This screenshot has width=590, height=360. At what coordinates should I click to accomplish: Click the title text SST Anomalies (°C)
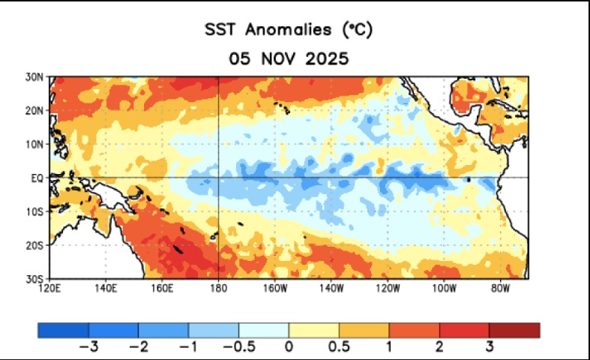(x=289, y=30)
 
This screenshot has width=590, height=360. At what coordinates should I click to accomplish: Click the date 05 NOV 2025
(x=289, y=58)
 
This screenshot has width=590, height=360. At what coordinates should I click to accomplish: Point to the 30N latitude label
(x=34, y=77)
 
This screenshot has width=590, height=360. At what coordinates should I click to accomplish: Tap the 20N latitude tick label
(x=34, y=111)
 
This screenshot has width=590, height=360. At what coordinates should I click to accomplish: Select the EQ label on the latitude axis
(x=37, y=178)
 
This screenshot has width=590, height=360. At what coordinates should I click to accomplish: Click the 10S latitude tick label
(x=34, y=211)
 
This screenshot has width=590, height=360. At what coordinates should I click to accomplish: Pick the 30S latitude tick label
(x=34, y=279)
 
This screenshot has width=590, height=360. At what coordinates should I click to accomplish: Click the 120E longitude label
(x=49, y=289)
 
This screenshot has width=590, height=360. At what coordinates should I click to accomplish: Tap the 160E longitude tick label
(x=162, y=289)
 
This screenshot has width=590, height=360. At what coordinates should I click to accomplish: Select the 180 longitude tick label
(x=219, y=289)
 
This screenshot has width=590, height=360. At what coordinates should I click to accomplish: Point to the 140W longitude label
(x=331, y=289)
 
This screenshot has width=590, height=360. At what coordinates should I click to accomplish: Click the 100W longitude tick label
(x=445, y=289)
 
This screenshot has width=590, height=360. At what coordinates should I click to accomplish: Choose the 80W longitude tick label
(x=501, y=289)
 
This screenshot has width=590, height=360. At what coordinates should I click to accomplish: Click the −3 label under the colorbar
(x=88, y=346)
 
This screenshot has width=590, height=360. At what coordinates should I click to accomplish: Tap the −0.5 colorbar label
(x=239, y=346)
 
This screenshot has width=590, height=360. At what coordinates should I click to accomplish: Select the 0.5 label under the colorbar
(x=339, y=346)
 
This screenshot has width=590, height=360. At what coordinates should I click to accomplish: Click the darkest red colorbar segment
(x=514, y=330)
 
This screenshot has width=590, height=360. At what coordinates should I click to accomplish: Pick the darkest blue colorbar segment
(x=63, y=330)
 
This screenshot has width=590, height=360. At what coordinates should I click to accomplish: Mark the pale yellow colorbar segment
(x=314, y=330)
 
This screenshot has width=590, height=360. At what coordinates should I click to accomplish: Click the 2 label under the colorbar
(x=439, y=346)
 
